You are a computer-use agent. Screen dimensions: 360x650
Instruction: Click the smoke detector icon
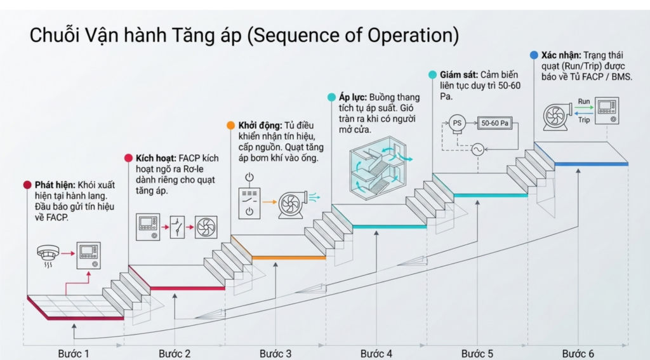point(48,255)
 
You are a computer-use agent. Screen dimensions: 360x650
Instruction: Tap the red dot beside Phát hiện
point(27,185)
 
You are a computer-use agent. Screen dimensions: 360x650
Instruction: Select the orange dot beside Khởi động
point(230,126)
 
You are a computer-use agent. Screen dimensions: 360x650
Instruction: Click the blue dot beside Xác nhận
point(534,55)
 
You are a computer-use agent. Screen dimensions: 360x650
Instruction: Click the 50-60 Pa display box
point(495,124)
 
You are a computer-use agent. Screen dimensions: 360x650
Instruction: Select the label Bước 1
point(74,353)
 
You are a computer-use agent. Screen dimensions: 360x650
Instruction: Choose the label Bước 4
point(376,353)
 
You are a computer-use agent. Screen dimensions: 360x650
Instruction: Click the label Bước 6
point(578,353)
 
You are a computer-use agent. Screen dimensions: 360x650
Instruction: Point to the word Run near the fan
point(584,102)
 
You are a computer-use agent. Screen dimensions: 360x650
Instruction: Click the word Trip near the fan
point(584,119)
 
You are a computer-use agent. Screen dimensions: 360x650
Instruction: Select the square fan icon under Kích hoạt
point(206,226)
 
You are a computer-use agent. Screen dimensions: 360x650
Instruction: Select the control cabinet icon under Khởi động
point(249,202)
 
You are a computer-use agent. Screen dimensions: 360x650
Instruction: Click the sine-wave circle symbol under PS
point(476,150)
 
